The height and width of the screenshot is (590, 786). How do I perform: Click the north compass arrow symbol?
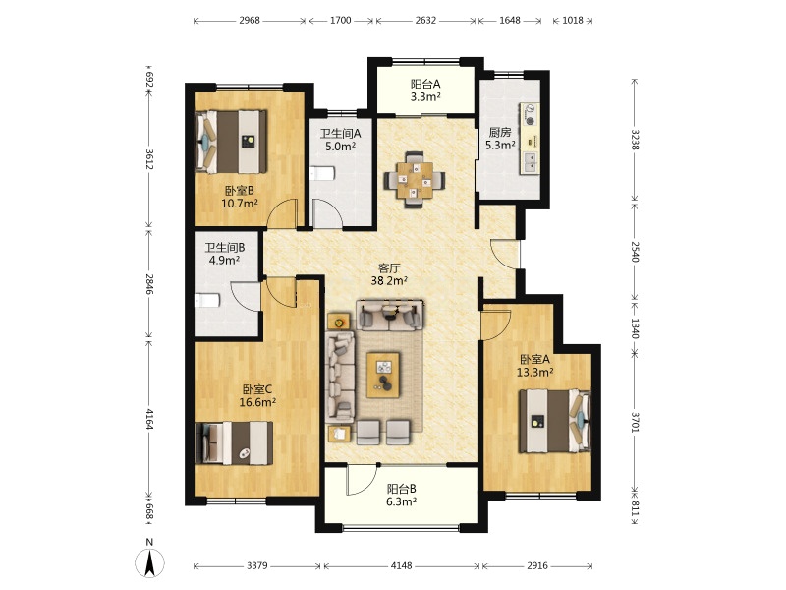[x=149, y=562]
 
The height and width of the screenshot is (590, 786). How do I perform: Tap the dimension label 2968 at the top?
[x=250, y=20]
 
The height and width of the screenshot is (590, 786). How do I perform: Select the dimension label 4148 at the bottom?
[x=401, y=566]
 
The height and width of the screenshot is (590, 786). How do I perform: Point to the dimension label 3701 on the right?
[x=635, y=422]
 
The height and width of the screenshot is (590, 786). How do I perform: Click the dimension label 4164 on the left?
[x=149, y=419]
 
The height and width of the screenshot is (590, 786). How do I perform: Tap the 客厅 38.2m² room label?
[x=389, y=274]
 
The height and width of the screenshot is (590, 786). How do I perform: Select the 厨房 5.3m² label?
[x=500, y=139]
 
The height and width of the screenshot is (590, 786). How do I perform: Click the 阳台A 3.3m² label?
[x=425, y=90]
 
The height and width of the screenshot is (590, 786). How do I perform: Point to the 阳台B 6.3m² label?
[x=402, y=496]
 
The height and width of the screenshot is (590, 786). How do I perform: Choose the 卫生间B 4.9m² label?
[x=225, y=254]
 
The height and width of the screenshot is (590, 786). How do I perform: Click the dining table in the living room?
[x=415, y=180]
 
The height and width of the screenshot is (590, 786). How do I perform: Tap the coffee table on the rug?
[x=383, y=376]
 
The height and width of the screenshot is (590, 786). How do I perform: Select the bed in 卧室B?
[x=231, y=142]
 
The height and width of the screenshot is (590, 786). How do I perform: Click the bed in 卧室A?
[x=555, y=422]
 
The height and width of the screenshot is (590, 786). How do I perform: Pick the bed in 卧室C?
[x=234, y=443]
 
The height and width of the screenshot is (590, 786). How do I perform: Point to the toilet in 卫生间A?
[x=322, y=174]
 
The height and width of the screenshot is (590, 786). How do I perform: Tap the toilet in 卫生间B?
[x=207, y=301]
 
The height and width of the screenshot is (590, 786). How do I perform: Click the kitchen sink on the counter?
[x=530, y=161]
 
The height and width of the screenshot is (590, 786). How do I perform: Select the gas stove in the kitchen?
[x=530, y=114]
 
